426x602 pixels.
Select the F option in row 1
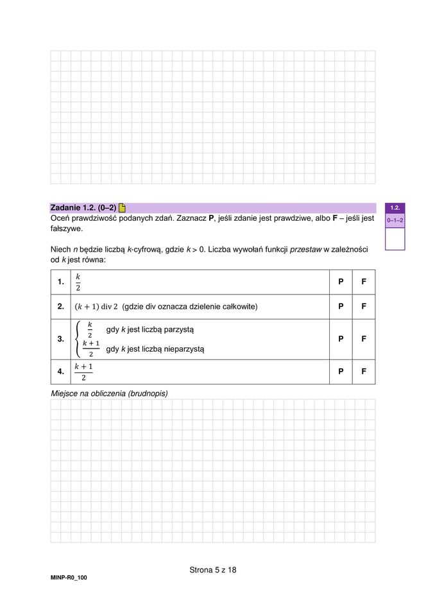click(364, 282)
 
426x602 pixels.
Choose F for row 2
click(364, 307)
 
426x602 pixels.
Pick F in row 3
click(364, 339)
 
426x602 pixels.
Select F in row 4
click(364, 372)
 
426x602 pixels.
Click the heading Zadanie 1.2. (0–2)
click(83, 208)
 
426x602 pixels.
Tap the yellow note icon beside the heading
click(122, 208)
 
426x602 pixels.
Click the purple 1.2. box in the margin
click(395, 208)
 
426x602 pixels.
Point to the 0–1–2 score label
click(395, 221)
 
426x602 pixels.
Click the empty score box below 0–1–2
click(395, 238)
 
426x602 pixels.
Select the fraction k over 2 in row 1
click(78, 282)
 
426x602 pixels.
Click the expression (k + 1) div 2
click(97, 307)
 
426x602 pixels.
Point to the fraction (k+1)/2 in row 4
click(83, 372)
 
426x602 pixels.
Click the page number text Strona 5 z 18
click(213, 570)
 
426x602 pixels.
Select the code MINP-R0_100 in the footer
click(69, 578)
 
